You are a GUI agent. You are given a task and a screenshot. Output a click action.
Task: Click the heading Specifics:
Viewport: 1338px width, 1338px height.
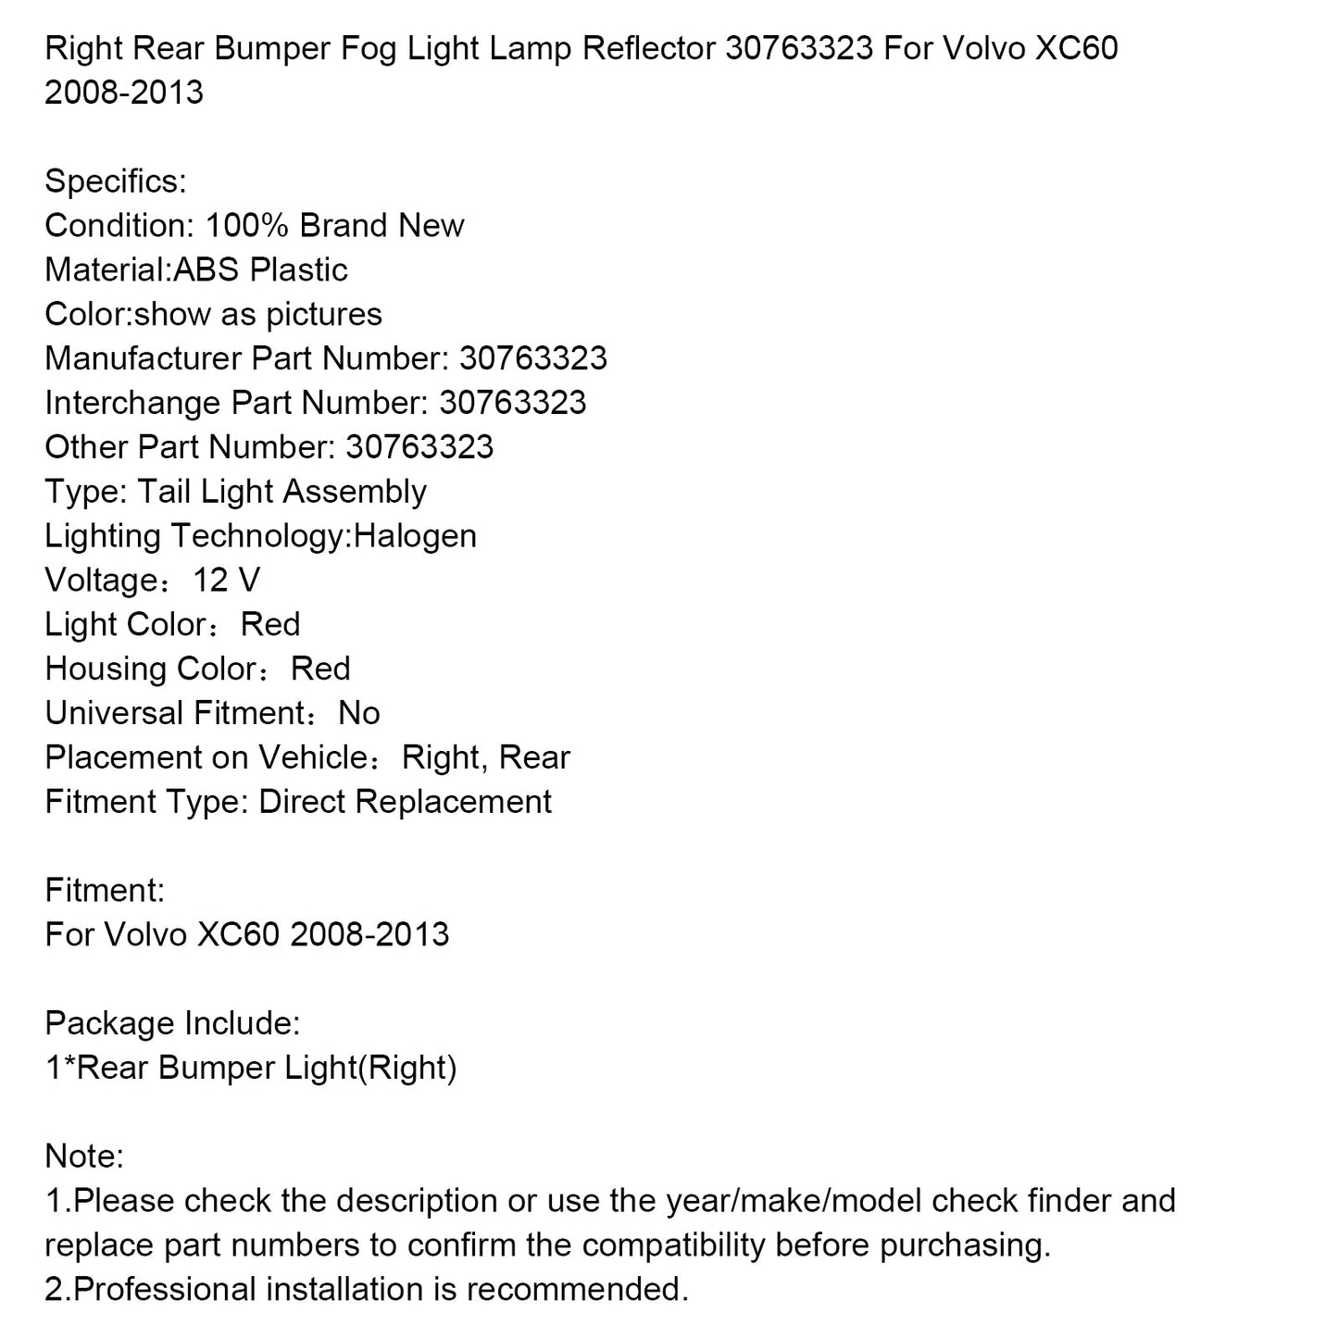coord(115,181)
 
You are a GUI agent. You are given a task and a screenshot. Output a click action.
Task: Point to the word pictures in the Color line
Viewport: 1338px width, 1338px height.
coord(324,315)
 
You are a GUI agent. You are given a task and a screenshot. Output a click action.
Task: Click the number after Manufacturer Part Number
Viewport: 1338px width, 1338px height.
coord(533,359)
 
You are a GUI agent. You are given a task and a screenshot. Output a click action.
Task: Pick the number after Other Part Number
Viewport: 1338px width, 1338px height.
coord(419,448)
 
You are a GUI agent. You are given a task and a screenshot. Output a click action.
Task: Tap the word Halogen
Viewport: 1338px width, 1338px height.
coord(415,537)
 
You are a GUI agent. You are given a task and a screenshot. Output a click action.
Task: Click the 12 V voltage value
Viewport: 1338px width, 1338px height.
coord(226,581)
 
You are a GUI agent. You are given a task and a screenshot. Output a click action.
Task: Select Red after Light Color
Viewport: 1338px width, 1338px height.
coord(270,626)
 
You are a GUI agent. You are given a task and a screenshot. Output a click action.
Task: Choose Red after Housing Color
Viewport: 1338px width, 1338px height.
coord(320,670)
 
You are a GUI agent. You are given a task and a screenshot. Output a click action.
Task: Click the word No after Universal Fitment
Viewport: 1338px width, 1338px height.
coord(359,715)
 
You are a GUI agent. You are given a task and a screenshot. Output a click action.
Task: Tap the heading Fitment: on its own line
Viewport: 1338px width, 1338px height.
coord(105,892)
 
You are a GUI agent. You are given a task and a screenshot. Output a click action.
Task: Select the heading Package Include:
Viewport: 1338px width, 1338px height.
coord(172,1025)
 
